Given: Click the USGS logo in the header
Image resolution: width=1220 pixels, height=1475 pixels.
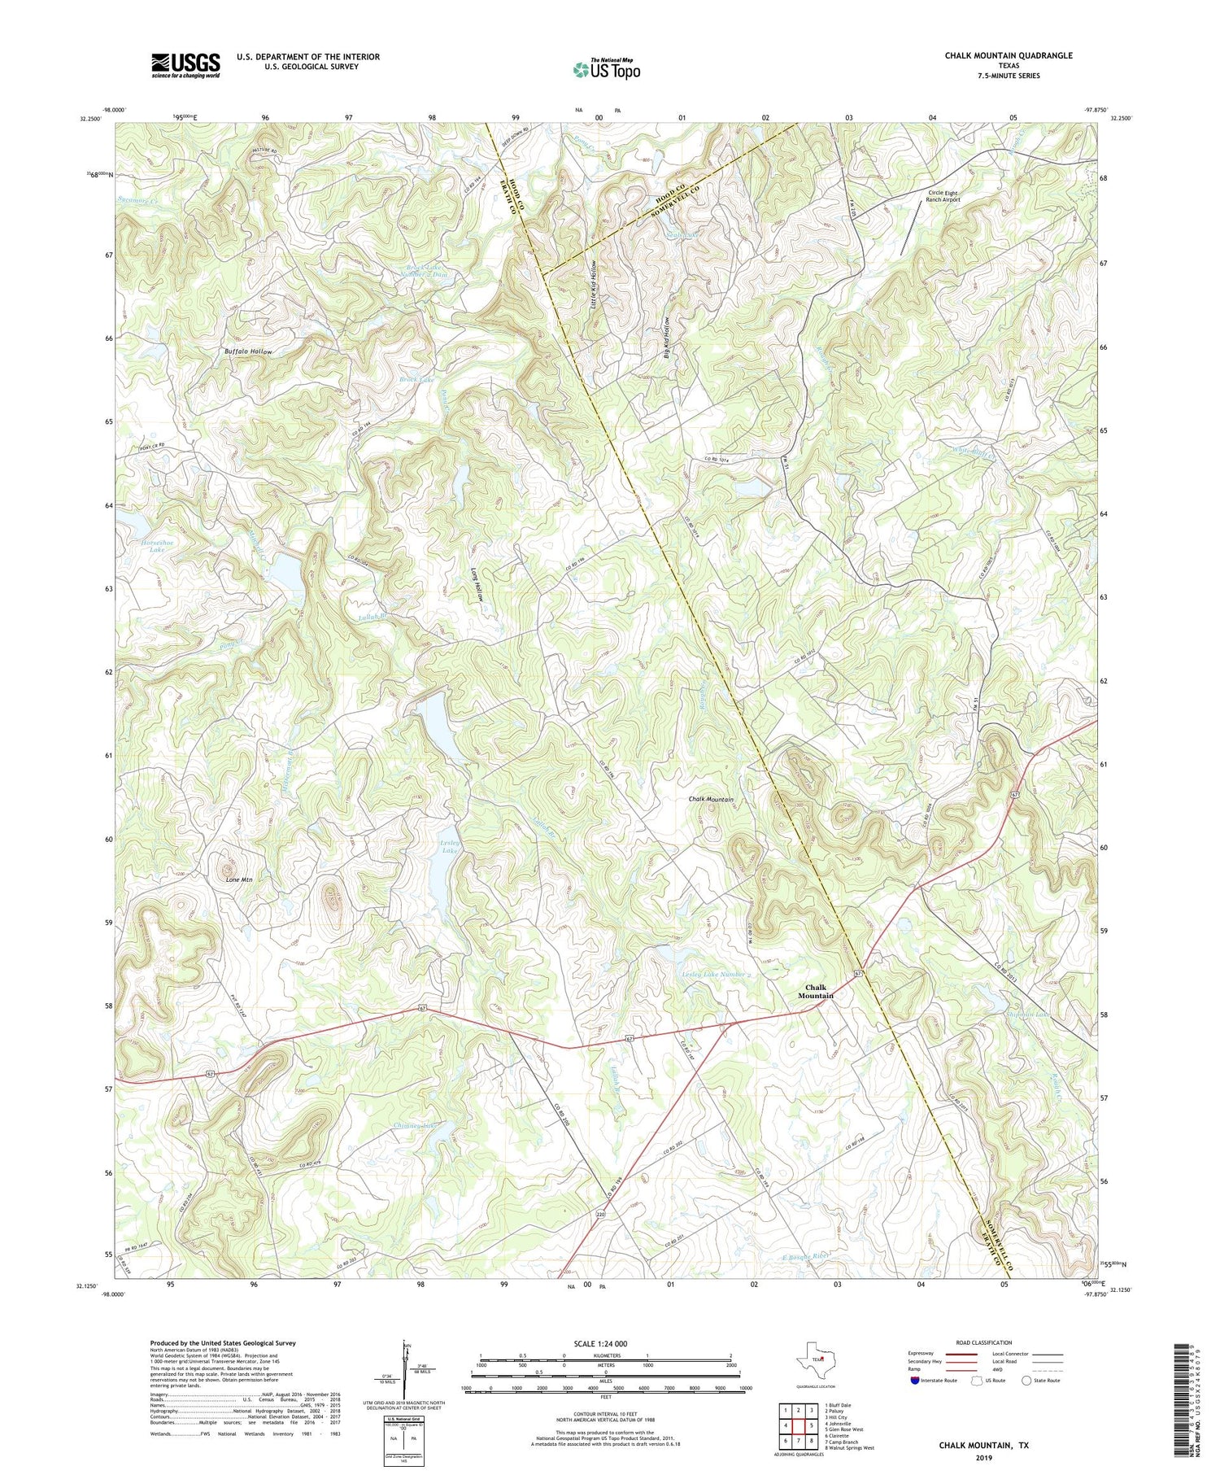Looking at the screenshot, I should (x=185, y=65).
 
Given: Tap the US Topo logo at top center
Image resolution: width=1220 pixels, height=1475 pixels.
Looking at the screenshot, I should (x=606, y=69).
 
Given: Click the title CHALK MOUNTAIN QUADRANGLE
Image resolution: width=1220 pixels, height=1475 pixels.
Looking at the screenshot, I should (x=1008, y=55).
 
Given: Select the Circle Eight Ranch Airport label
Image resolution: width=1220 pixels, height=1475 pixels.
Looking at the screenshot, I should (x=943, y=196).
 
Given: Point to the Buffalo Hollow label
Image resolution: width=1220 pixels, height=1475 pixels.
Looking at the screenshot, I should (x=249, y=351).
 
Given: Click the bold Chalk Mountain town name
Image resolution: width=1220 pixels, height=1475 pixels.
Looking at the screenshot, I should (x=815, y=991).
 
